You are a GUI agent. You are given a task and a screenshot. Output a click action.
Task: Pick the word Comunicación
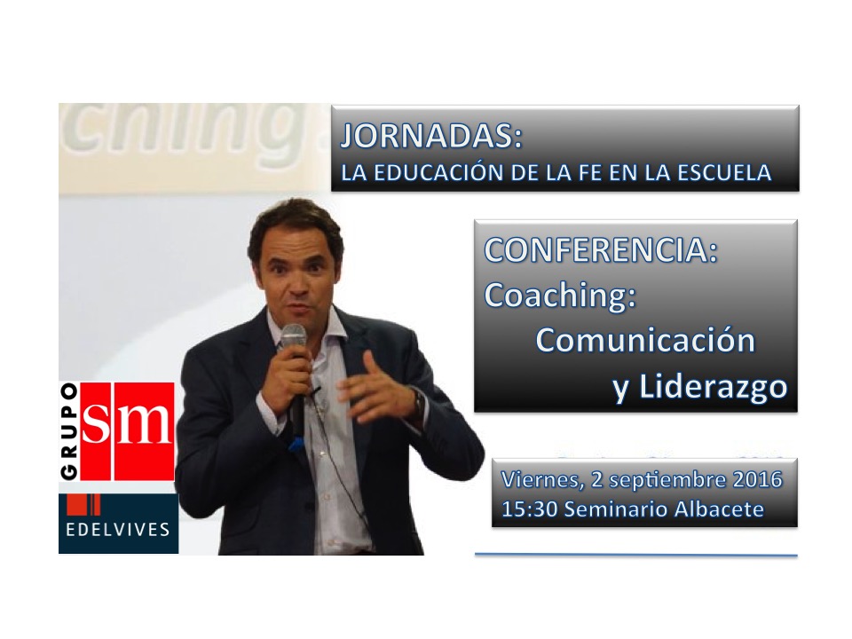coord(645,341)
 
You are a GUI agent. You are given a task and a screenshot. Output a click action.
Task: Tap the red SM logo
coord(128,431)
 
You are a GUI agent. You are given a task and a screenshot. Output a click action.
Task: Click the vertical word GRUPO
coord(69,431)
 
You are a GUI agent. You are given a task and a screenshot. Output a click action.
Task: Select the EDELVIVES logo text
coord(118,529)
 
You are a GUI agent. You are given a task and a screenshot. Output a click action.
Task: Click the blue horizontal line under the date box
coord(635,556)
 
